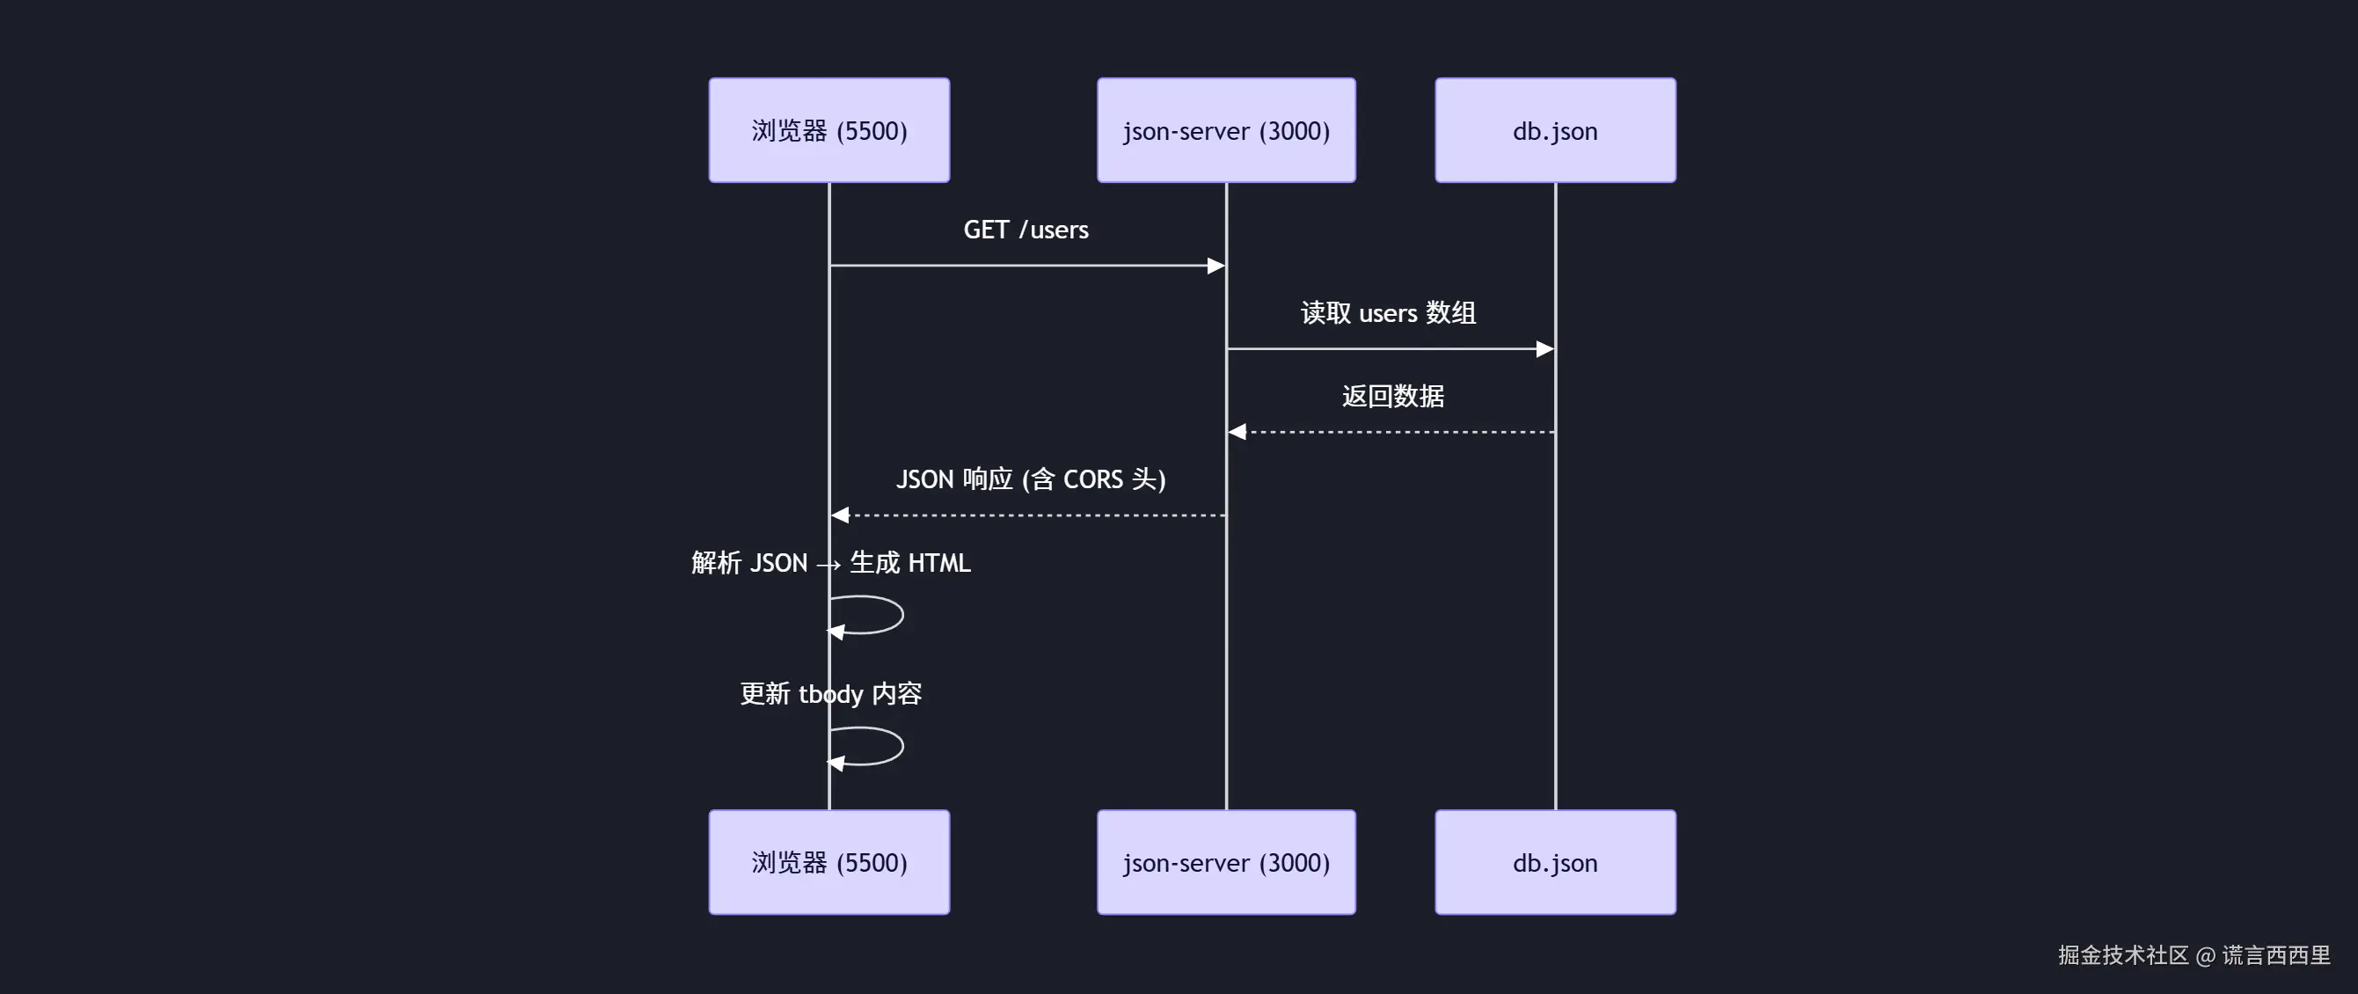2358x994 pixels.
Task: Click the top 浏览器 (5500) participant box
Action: tap(829, 130)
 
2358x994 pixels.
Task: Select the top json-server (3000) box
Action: tap(1226, 130)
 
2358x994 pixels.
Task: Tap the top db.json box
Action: tap(1554, 130)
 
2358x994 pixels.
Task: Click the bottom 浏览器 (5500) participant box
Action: tap(829, 861)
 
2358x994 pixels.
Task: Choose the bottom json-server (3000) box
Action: tap(1226, 861)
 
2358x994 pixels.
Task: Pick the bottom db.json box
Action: tap(1554, 861)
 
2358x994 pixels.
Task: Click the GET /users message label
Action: tap(1026, 230)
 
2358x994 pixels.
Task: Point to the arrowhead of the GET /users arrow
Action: tap(1216, 266)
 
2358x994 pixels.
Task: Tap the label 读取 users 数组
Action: tap(1388, 313)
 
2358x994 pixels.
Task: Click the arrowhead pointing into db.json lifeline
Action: tap(1544, 348)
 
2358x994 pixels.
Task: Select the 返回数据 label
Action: tap(1392, 397)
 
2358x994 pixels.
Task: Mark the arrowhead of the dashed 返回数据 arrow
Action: tap(1237, 432)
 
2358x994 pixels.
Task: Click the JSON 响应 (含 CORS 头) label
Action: tap(1030, 479)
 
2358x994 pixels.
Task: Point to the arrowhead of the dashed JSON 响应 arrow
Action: tap(840, 515)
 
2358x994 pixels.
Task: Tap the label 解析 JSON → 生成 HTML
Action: tap(830, 563)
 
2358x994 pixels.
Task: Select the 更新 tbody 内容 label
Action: tap(830, 694)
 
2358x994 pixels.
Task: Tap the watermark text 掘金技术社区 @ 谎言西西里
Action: tap(2194, 955)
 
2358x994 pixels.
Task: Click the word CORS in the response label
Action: tap(1092, 479)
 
